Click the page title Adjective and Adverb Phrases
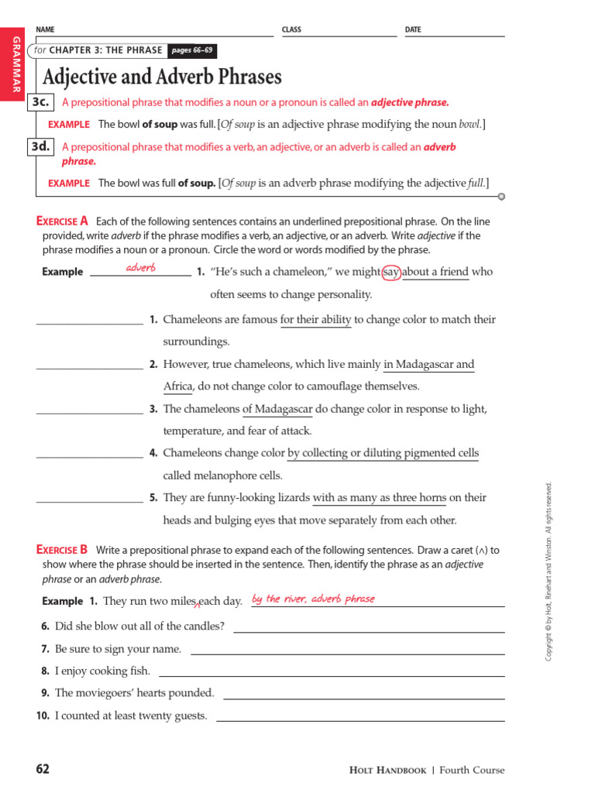click(162, 77)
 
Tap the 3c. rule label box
click(40, 102)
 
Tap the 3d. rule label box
click(40, 146)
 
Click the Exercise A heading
click(63, 221)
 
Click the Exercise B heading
click(63, 550)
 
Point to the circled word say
click(391, 272)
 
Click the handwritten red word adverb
click(141, 267)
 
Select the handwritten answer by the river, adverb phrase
click(313, 599)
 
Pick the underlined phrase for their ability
click(316, 319)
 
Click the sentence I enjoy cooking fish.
click(102, 671)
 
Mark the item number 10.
click(43, 716)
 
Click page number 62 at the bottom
click(43, 769)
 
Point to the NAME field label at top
click(46, 29)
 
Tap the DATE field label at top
click(413, 29)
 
